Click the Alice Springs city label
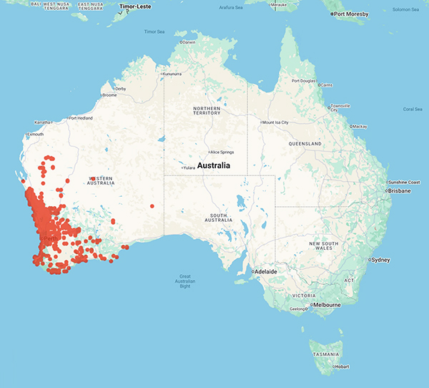pos(222,152)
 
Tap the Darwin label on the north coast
pos(188,42)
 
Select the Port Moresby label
pos(351,14)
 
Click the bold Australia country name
pos(213,165)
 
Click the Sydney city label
pos(382,258)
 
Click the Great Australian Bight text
pos(189,280)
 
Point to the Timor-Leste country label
pos(137,6)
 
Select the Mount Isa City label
pos(275,122)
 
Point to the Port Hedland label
pos(82,118)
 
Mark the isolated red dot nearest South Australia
pos(152,206)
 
